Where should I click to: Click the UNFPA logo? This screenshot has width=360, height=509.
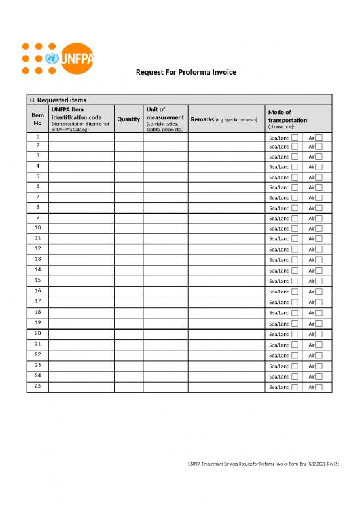(x=59, y=58)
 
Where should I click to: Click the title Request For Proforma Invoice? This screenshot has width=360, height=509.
(x=186, y=71)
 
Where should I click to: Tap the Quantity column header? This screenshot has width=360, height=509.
(x=128, y=119)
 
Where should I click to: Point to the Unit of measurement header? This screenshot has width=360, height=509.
(x=165, y=119)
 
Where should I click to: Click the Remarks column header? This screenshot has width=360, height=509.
(x=224, y=119)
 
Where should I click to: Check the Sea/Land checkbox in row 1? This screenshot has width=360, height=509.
(x=295, y=138)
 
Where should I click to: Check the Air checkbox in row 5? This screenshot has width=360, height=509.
(x=319, y=178)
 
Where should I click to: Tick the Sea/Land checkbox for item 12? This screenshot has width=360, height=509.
(x=295, y=250)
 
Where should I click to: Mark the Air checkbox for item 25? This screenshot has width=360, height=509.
(x=319, y=387)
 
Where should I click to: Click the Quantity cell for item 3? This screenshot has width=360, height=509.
(x=128, y=157)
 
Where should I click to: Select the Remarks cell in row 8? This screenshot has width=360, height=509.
(x=224, y=208)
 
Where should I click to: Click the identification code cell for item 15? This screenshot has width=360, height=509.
(x=81, y=280)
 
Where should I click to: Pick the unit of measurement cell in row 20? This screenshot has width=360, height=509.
(x=165, y=333)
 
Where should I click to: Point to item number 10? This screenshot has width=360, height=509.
(x=37, y=227)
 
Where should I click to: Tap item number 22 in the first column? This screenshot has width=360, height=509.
(x=37, y=354)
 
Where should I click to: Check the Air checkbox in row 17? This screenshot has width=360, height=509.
(x=319, y=302)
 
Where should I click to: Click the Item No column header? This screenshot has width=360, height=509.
(x=37, y=119)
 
